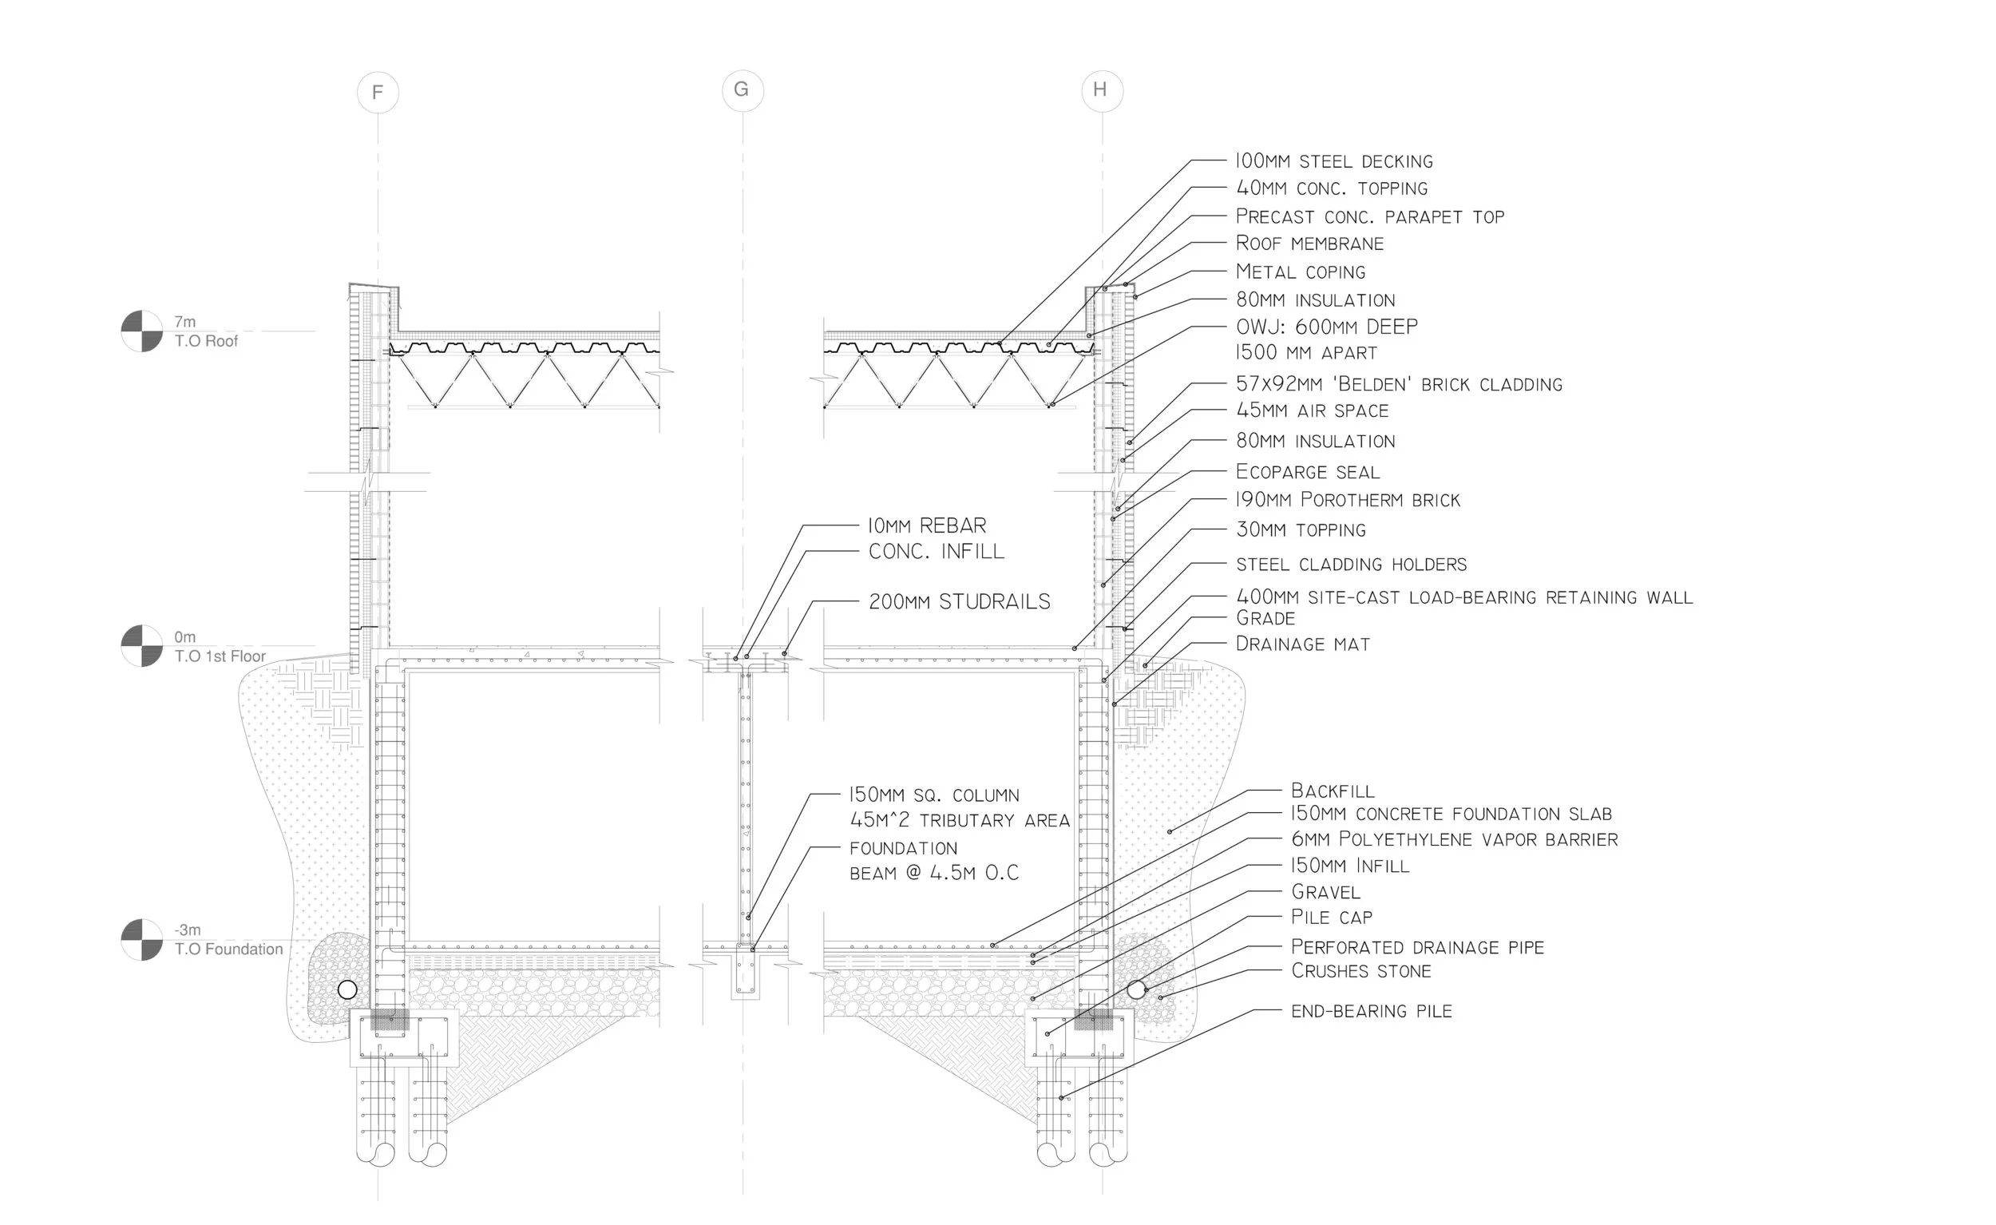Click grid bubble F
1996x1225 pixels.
(x=378, y=93)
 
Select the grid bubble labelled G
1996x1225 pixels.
(x=742, y=90)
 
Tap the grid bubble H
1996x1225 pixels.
(x=1102, y=90)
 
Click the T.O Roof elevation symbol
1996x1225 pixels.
(x=142, y=331)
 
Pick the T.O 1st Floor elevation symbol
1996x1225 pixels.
(x=142, y=646)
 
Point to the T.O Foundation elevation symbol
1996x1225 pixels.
(x=142, y=940)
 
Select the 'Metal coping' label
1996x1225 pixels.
(x=1300, y=272)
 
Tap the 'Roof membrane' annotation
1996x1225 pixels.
(x=1309, y=243)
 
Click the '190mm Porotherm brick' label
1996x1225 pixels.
(x=1348, y=500)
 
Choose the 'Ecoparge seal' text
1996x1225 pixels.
(x=1308, y=471)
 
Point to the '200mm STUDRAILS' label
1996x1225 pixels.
(x=959, y=602)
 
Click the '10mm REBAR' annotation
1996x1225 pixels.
(x=927, y=525)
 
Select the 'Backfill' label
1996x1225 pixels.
(x=1333, y=791)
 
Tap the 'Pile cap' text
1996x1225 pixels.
(x=1332, y=917)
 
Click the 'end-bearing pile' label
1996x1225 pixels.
(x=1372, y=1011)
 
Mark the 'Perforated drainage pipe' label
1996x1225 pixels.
(x=1418, y=947)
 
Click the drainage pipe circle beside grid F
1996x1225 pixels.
(x=347, y=989)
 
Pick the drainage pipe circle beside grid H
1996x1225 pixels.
(x=1136, y=989)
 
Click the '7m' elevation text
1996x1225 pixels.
(x=184, y=322)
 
